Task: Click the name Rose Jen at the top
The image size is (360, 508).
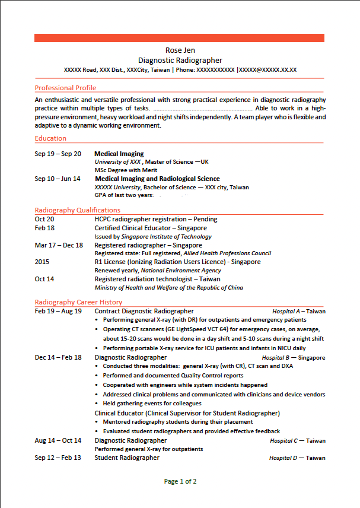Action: [180, 50]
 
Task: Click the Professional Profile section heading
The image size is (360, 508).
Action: [65, 88]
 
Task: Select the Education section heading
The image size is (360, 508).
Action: [50, 138]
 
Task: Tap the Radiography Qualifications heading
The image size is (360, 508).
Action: [77, 210]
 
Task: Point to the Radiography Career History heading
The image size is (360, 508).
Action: [78, 302]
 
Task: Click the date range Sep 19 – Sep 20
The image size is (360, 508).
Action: [58, 154]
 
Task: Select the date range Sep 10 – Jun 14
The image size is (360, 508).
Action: [58, 179]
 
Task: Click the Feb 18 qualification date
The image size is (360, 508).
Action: [44, 228]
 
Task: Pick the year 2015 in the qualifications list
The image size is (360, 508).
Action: [43, 262]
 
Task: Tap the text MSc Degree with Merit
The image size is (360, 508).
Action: [126, 170]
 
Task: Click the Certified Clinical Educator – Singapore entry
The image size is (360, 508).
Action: [151, 228]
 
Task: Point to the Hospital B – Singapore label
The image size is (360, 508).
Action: [293, 358]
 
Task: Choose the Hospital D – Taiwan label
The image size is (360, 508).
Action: [297, 458]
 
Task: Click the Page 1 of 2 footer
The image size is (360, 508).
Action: [180, 481]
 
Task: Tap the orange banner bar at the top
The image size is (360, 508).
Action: [179, 38]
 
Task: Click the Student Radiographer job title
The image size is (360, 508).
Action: [127, 458]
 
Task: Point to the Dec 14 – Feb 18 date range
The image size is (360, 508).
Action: [58, 358]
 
